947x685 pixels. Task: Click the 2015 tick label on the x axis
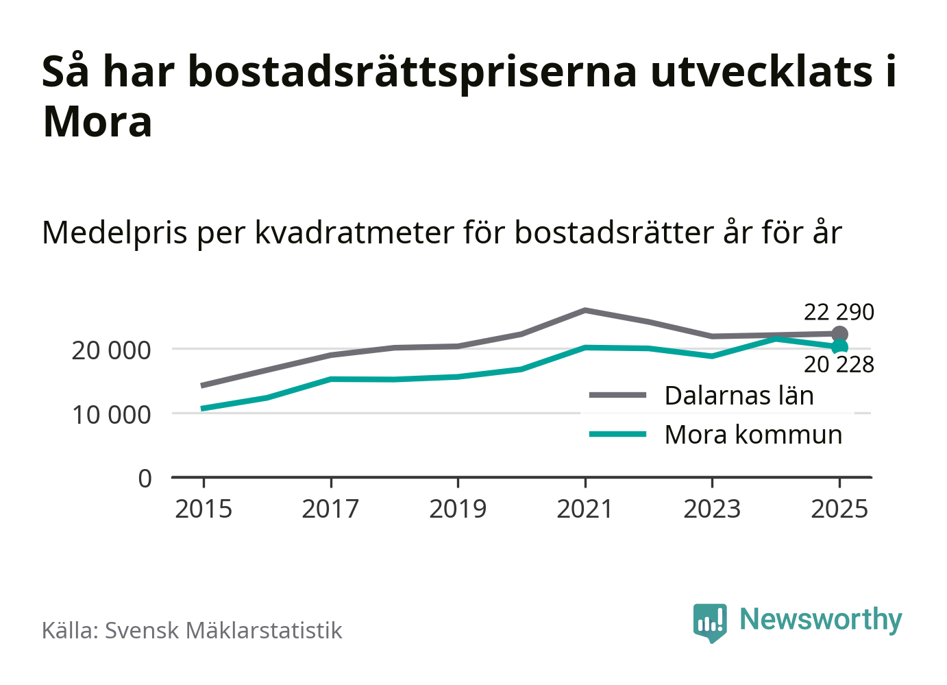pos(204,509)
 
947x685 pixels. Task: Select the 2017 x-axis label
pos(330,509)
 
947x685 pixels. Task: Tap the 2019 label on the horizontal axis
pos(458,509)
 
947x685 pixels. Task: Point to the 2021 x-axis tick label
pos(585,509)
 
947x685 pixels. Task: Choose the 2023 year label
pos(712,509)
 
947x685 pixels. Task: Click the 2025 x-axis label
pos(839,509)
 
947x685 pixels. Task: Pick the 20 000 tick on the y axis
pos(111,350)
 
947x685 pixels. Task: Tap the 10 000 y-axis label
pos(111,414)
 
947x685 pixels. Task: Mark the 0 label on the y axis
pos(145,478)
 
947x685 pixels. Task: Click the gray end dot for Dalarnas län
pos(839,335)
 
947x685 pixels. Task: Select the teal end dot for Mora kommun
pos(839,347)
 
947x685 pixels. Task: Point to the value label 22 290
pos(839,312)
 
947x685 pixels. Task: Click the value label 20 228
pos(839,365)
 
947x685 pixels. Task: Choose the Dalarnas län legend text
pos(739,396)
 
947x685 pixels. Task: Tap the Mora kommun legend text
pos(753,435)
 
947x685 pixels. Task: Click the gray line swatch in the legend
pos(617,396)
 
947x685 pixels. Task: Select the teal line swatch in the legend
pos(617,434)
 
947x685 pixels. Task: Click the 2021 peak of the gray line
pos(585,311)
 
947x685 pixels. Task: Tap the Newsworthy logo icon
pos(709,622)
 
